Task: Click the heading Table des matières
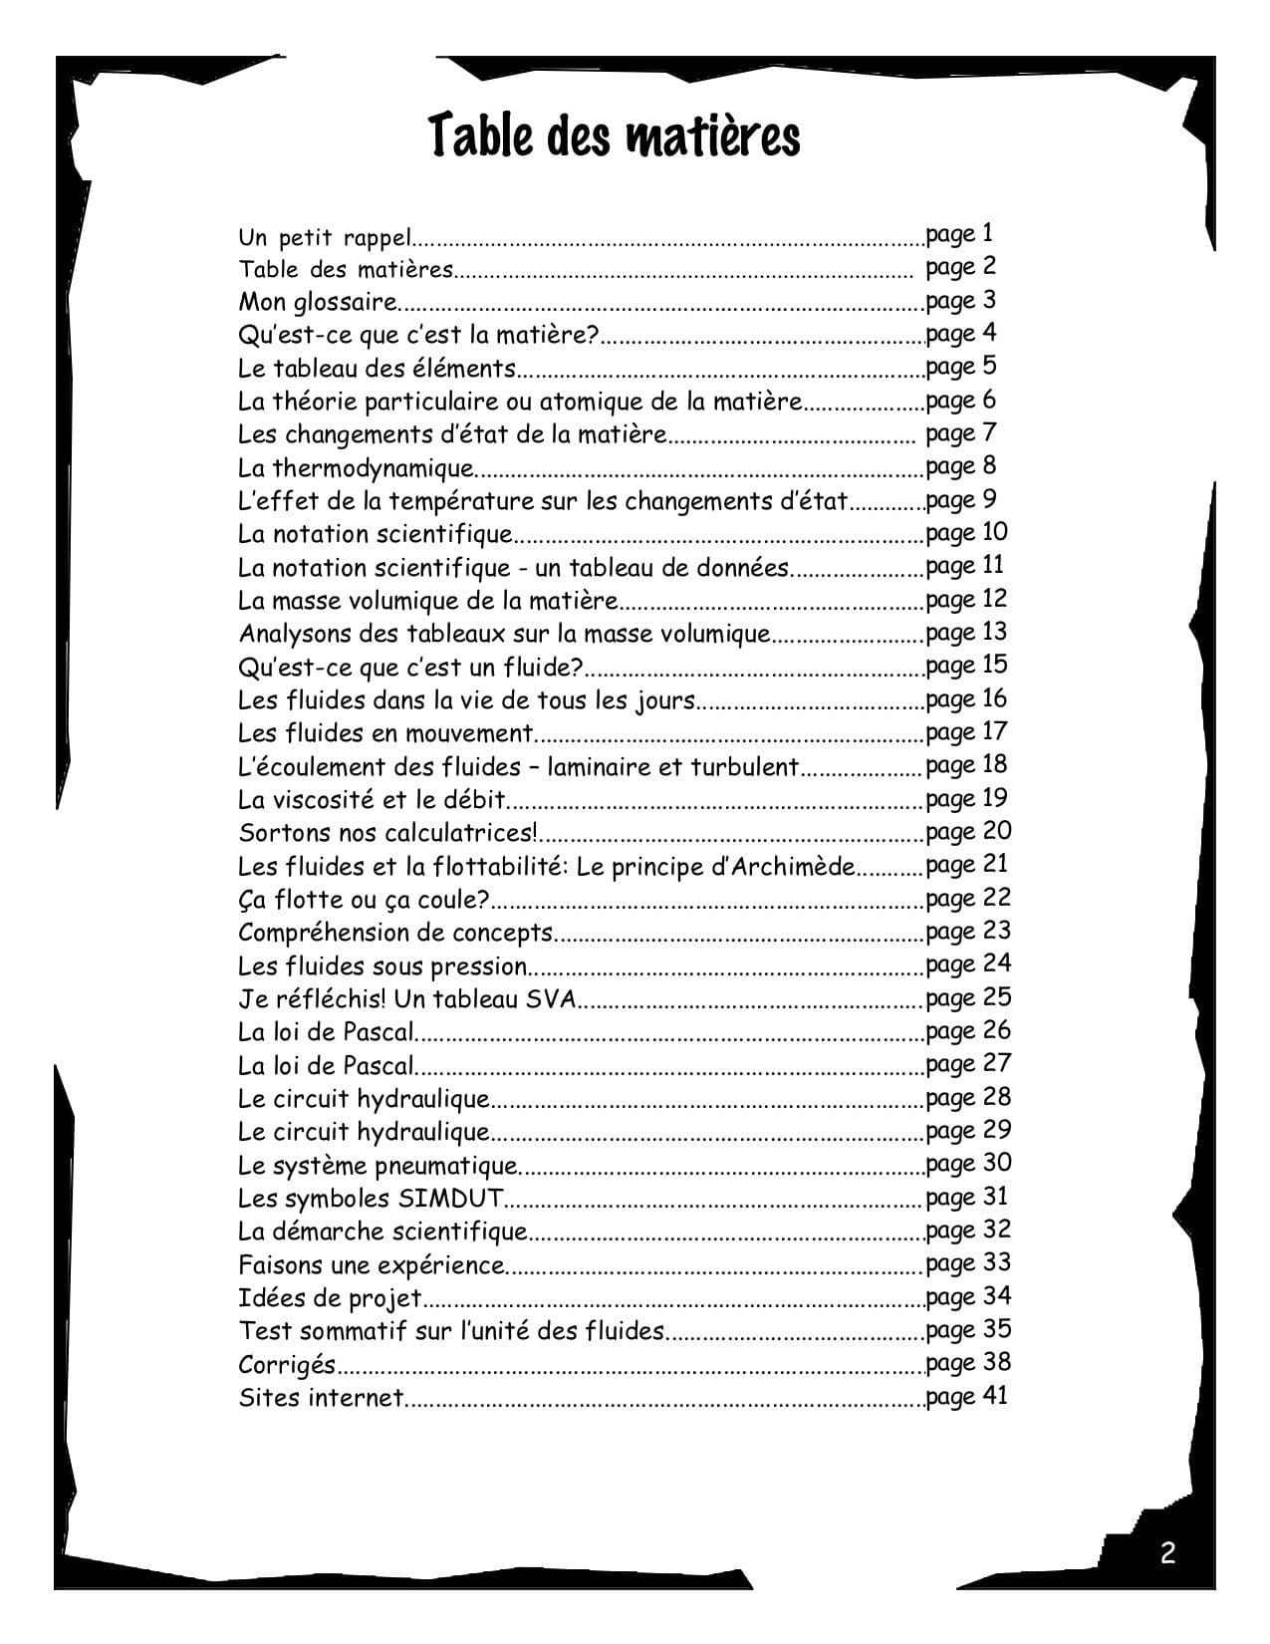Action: coord(615,137)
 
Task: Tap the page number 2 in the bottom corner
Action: coord(1167,1552)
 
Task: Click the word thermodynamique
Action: coord(374,468)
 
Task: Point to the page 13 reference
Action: coord(966,633)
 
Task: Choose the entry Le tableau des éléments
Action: coord(378,369)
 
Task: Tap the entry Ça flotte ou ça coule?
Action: coord(364,900)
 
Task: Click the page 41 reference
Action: coord(966,1396)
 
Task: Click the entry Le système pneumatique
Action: coord(379,1165)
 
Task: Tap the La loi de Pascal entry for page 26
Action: coord(327,1032)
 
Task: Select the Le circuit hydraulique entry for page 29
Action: coord(365,1132)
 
